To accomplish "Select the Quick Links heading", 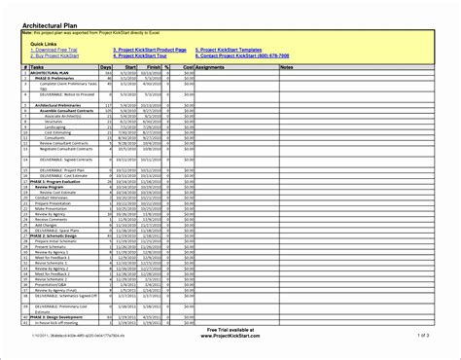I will [44, 44].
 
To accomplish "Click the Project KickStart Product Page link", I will [150, 50].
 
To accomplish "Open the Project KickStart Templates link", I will [230, 50].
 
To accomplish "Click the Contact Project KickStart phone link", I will [241, 55].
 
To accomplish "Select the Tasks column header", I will [39, 67].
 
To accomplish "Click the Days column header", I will [120, 67].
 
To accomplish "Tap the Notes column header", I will [286, 67].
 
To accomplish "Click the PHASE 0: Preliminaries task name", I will [50, 78].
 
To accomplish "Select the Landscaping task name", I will [49, 126].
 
